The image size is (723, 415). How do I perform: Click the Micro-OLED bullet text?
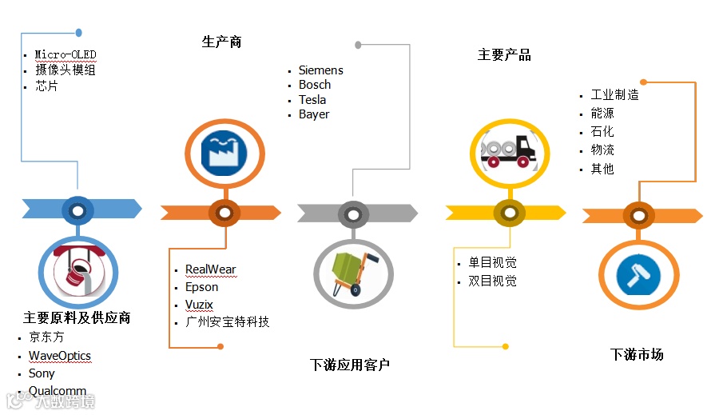point(65,54)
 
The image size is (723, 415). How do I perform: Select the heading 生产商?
point(221,42)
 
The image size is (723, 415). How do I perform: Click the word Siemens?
point(320,70)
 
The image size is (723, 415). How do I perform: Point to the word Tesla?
point(312,100)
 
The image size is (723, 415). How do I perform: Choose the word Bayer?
point(314,114)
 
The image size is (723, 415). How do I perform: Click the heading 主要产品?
point(504,55)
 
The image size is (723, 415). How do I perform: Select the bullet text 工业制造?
point(614,95)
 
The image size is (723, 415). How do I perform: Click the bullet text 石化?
point(602,132)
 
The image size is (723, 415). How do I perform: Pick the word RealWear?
point(210,269)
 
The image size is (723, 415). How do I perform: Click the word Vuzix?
point(199,305)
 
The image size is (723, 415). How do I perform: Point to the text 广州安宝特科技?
point(227,322)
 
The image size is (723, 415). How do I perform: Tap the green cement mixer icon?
point(352,274)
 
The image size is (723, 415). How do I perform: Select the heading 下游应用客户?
point(350,365)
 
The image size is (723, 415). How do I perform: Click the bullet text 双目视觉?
point(492,281)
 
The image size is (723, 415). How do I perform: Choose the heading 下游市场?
point(637,354)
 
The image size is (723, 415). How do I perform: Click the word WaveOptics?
point(60,356)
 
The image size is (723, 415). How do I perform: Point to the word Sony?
point(42,373)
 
